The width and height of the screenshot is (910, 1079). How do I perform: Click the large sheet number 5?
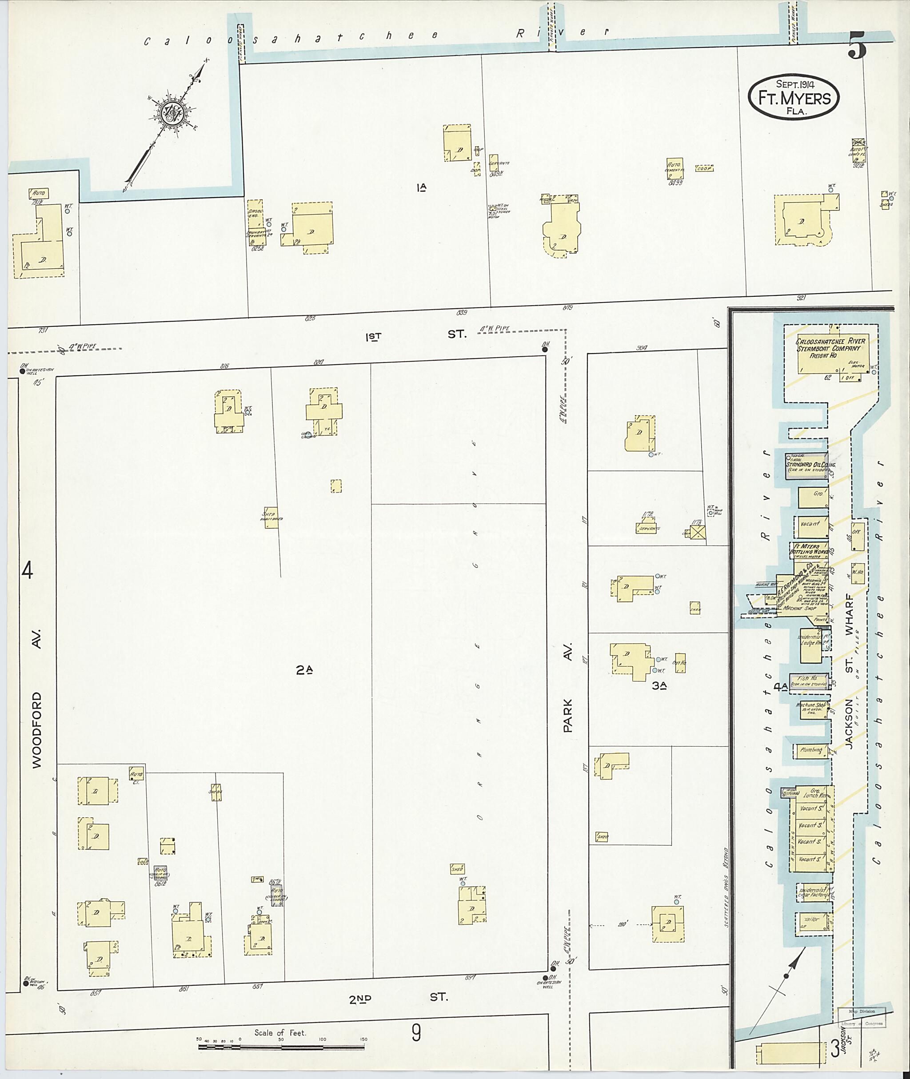click(856, 46)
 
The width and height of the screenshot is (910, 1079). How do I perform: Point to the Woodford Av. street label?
click(36, 727)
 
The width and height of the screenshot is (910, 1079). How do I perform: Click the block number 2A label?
click(304, 670)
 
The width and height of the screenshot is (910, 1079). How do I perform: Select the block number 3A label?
click(659, 685)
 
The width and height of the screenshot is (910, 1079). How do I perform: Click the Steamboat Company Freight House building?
click(832, 353)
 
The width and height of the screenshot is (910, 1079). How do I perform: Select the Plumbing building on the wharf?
click(811, 750)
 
